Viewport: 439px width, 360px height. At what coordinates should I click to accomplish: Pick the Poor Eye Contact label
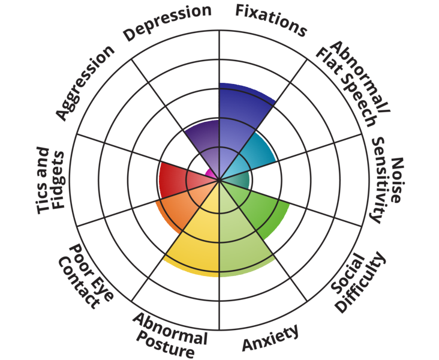[x=82, y=275]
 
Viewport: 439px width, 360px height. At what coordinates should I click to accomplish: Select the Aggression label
[x=84, y=82]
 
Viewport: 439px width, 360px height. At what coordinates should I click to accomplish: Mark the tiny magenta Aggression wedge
[x=211, y=174]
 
